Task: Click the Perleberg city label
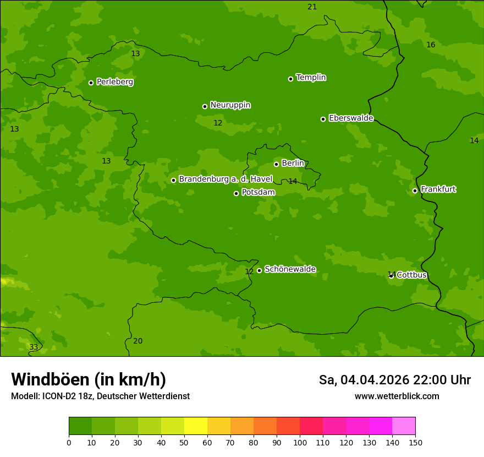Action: [114, 82]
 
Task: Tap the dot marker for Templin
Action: [290, 79]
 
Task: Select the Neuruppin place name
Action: [230, 105]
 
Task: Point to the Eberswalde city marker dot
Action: [323, 119]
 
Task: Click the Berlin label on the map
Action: [293, 164]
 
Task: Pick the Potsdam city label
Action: [258, 193]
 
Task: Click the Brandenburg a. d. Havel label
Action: [226, 179]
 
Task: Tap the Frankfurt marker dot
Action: [415, 191]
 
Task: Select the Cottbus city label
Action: [411, 275]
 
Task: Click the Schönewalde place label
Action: [290, 269]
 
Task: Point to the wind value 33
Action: [34, 347]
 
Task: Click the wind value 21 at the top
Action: [312, 7]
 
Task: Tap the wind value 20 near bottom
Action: [137, 341]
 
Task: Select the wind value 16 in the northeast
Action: [431, 45]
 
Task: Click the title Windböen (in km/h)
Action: [89, 379]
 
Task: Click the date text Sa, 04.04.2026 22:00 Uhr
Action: [394, 380]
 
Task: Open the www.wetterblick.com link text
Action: [397, 396]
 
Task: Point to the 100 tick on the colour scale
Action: [300, 442]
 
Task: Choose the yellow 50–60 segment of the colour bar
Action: [196, 426]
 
